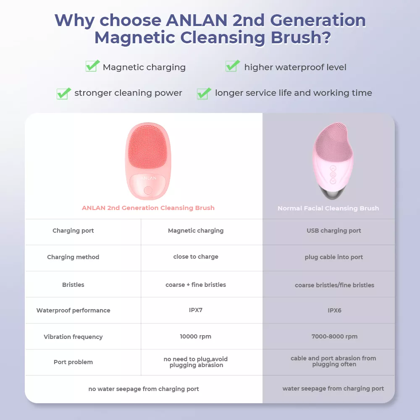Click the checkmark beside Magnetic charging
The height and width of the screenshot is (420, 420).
92,66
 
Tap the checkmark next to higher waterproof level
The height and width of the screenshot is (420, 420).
233,66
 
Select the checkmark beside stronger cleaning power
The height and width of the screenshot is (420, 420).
64,94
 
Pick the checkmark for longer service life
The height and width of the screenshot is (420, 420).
204,94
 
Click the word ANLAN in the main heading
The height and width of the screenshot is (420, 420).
197,20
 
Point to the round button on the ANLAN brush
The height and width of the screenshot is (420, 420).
148,190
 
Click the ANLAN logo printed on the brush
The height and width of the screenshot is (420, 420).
148,178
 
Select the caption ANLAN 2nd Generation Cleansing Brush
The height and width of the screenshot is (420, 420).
148,208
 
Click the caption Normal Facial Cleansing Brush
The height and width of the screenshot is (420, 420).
328,208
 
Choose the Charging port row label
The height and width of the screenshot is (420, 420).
73,231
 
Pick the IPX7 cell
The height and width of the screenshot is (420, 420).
196,310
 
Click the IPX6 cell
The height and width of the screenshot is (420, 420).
335,310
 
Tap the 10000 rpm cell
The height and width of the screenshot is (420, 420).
196,336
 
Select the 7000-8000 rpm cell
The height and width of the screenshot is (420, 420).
335,336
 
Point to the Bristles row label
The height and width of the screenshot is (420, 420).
73,285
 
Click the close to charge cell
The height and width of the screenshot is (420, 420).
196,257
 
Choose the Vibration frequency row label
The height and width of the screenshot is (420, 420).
73,337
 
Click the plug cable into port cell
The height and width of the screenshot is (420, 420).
334,257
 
